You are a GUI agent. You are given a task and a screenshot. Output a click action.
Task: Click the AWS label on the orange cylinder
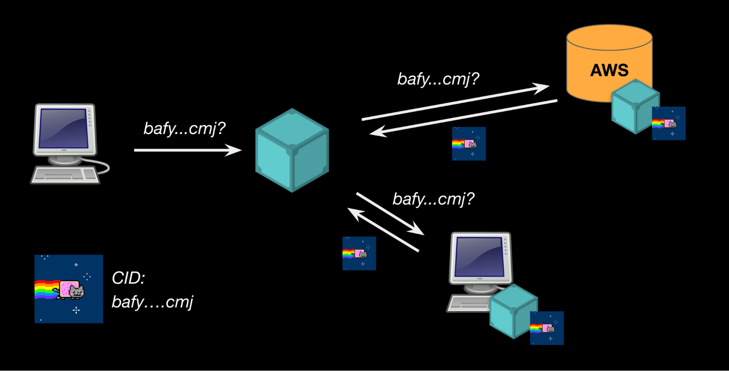click(x=609, y=70)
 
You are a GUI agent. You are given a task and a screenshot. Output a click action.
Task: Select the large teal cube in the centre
click(x=292, y=150)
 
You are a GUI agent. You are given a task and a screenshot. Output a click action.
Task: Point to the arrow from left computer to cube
click(x=186, y=150)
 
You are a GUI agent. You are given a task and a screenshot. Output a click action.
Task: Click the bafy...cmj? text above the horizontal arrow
click(x=184, y=128)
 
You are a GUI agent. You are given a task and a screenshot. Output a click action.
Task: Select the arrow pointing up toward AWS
click(x=456, y=103)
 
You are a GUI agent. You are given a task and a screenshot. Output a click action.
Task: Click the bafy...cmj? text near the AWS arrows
click(x=438, y=79)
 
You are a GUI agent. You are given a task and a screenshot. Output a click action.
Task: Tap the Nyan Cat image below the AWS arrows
click(x=469, y=144)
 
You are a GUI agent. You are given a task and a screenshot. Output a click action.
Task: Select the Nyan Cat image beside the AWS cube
click(x=668, y=123)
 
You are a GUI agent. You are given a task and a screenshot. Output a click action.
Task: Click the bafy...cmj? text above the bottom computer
click(x=433, y=199)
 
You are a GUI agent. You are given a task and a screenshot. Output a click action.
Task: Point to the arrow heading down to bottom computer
click(x=390, y=214)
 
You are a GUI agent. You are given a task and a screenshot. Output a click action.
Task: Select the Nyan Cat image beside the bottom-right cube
click(x=546, y=328)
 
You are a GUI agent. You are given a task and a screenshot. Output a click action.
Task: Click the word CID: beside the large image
click(x=128, y=278)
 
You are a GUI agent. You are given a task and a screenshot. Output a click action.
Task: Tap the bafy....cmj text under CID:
click(x=152, y=302)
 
